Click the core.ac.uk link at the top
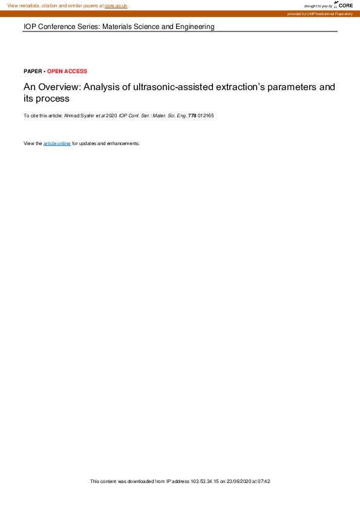(x=116, y=5)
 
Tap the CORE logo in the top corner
(x=345, y=5)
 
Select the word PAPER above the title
(x=33, y=71)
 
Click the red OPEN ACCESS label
(x=67, y=71)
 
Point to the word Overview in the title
(x=57, y=87)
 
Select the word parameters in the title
(x=286, y=87)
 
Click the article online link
(x=57, y=144)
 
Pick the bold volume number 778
(x=192, y=114)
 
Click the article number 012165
(x=206, y=114)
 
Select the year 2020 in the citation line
(x=111, y=114)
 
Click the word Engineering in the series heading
(x=194, y=27)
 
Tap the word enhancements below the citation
(x=123, y=144)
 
